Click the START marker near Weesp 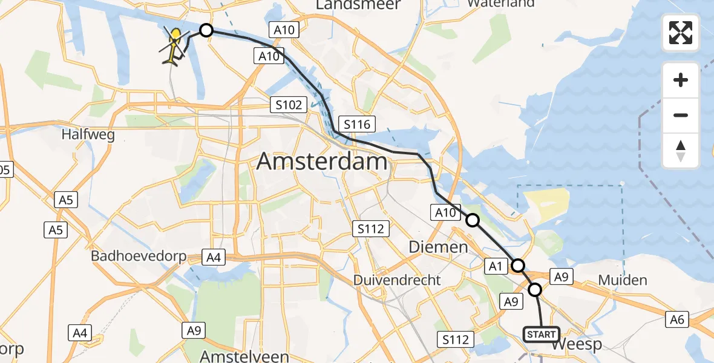(541, 335)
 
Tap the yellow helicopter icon (173, 47)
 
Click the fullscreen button (681, 33)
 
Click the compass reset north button (681, 151)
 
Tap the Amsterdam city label (322, 162)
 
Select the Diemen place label (438, 247)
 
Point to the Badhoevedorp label (139, 256)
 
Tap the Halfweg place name (88, 135)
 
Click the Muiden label (622, 280)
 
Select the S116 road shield (356, 125)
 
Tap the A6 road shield (677, 319)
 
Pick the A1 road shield (495, 266)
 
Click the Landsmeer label (358, 5)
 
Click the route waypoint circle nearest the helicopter (206, 30)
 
